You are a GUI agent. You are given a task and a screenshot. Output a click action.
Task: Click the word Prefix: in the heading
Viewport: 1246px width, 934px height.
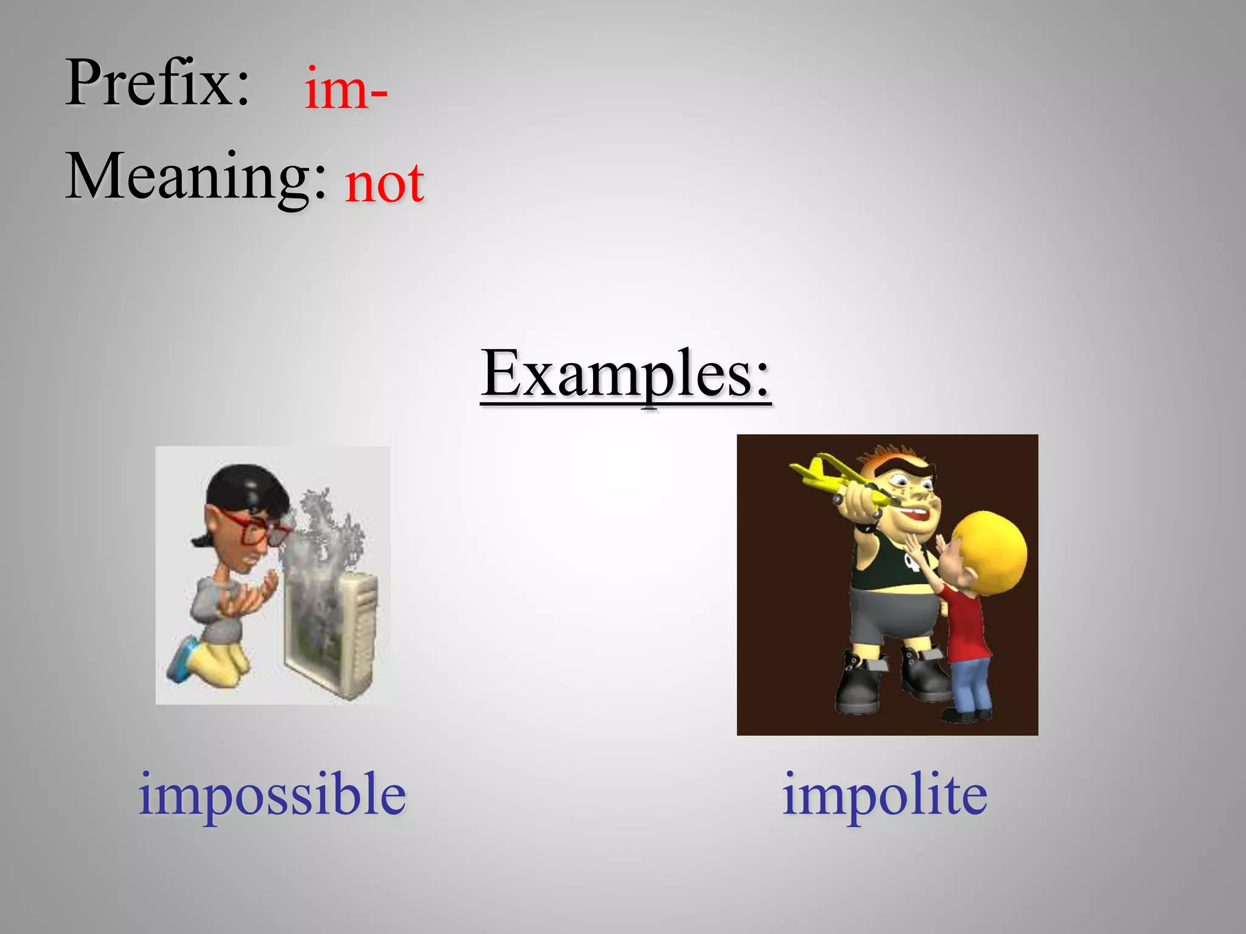click(157, 83)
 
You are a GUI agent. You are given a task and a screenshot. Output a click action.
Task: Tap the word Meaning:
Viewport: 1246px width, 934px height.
click(196, 178)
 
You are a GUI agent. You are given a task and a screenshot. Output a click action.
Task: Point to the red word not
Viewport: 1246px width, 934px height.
click(384, 184)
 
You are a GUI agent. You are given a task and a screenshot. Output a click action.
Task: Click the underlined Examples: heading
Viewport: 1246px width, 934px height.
click(625, 374)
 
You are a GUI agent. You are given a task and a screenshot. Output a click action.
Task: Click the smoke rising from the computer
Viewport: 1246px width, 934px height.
click(325, 535)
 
